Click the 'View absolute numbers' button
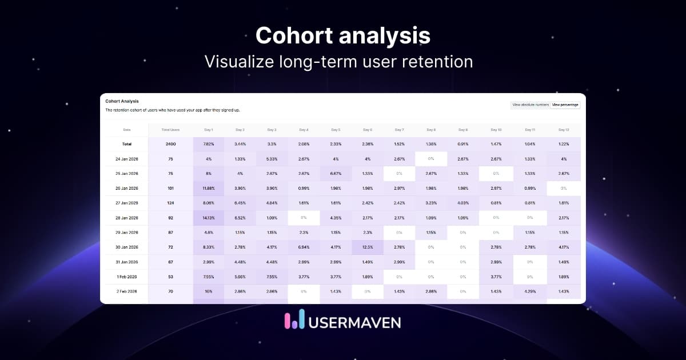click(531, 105)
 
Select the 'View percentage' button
click(565, 105)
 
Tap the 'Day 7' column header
click(399, 130)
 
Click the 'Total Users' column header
click(170, 130)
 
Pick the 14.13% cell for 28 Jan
click(208, 218)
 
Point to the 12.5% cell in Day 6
click(367, 247)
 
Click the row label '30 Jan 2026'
click(127, 247)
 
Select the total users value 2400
click(170, 144)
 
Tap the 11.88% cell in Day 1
click(208, 188)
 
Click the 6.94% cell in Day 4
click(304, 247)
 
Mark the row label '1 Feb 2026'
click(127, 277)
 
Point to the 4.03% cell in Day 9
click(462, 203)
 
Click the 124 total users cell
click(170, 203)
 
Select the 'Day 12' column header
click(564, 130)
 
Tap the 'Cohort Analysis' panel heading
click(122, 101)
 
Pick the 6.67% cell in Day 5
click(336, 173)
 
